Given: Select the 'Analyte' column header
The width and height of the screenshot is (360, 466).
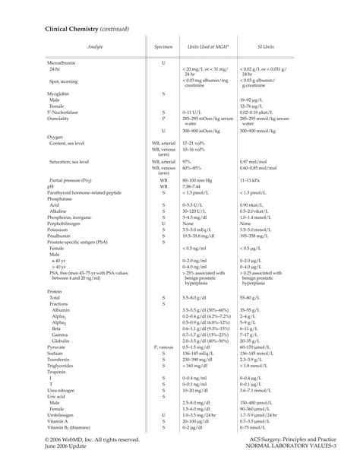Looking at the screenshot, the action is pyautogui.click(x=95, y=47).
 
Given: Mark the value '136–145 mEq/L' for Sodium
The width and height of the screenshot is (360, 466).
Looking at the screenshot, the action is pyautogui.click(x=201, y=353).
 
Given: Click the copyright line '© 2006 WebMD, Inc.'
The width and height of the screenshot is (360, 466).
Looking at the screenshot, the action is pyautogui.click(x=81, y=439).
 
